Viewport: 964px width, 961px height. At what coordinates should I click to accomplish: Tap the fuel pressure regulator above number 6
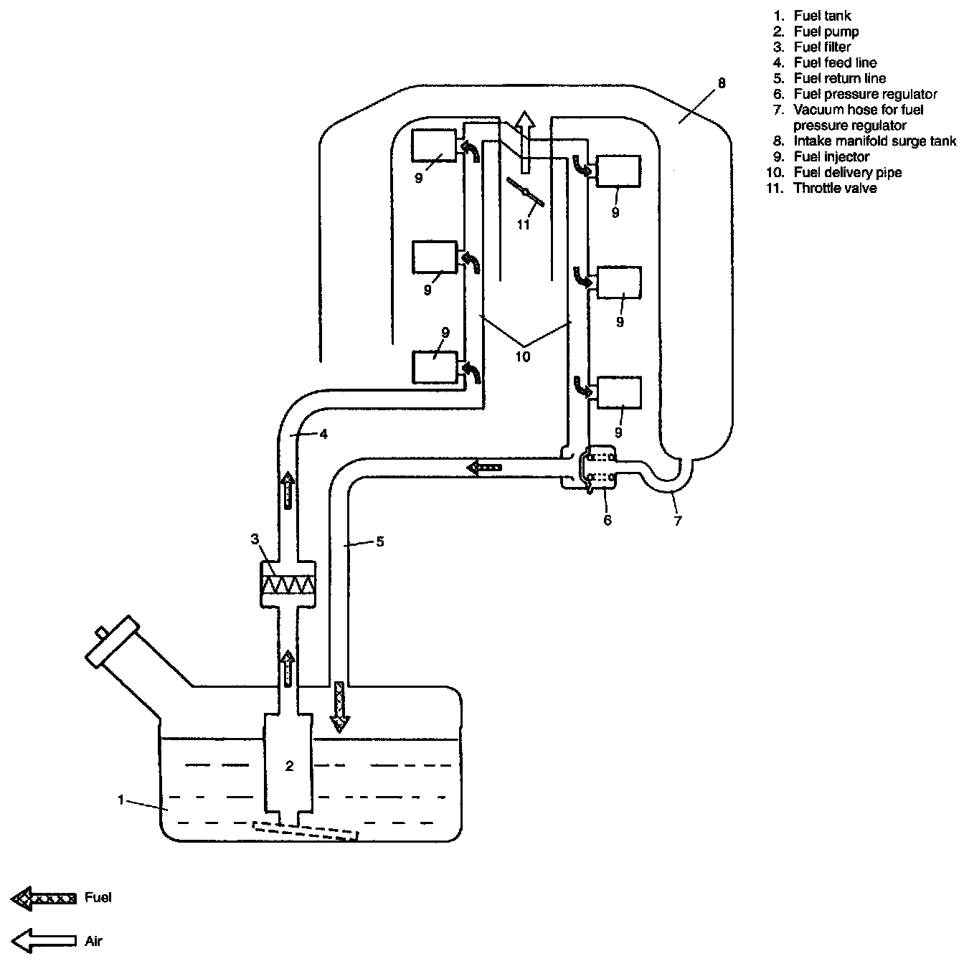pyautogui.click(x=597, y=468)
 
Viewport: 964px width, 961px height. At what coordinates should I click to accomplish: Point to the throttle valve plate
pyautogui.click(x=525, y=191)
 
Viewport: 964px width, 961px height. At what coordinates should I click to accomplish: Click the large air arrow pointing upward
pyautogui.click(x=525, y=142)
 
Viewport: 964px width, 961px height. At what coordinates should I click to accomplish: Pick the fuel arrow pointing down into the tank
pyautogui.click(x=339, y=706)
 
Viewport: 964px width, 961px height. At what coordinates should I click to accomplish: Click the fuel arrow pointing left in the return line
pyautogui.click(x=483, y=468)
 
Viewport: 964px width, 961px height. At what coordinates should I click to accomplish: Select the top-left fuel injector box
pyautogui.click(x=434, y=146)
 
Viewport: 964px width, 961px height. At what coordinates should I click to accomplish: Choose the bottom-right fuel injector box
pyautogui.click(x=619, y=392)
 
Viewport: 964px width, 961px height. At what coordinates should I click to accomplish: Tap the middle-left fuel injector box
pyautogui.click(x=435, y=257)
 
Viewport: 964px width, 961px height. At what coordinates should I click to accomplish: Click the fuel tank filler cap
pyautogui.click(x=113, y=642)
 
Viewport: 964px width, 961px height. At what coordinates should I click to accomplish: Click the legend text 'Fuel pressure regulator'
pyautogui.click(x=865, y=94)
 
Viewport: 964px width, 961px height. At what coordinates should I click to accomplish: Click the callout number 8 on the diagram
pyautogui.click(x=722, y=83)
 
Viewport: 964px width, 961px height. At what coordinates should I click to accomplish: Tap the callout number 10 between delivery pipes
pyautogui.click(x=523, y=356)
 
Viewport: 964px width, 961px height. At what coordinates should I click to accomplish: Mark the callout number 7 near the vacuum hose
pyautogui.click(x=677, y=521)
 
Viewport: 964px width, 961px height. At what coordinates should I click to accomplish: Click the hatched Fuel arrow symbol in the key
pyautogui.click(x=44, y=899)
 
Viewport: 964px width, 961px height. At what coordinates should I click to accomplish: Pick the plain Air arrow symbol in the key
pyautogui.click(x=44, y=941)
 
